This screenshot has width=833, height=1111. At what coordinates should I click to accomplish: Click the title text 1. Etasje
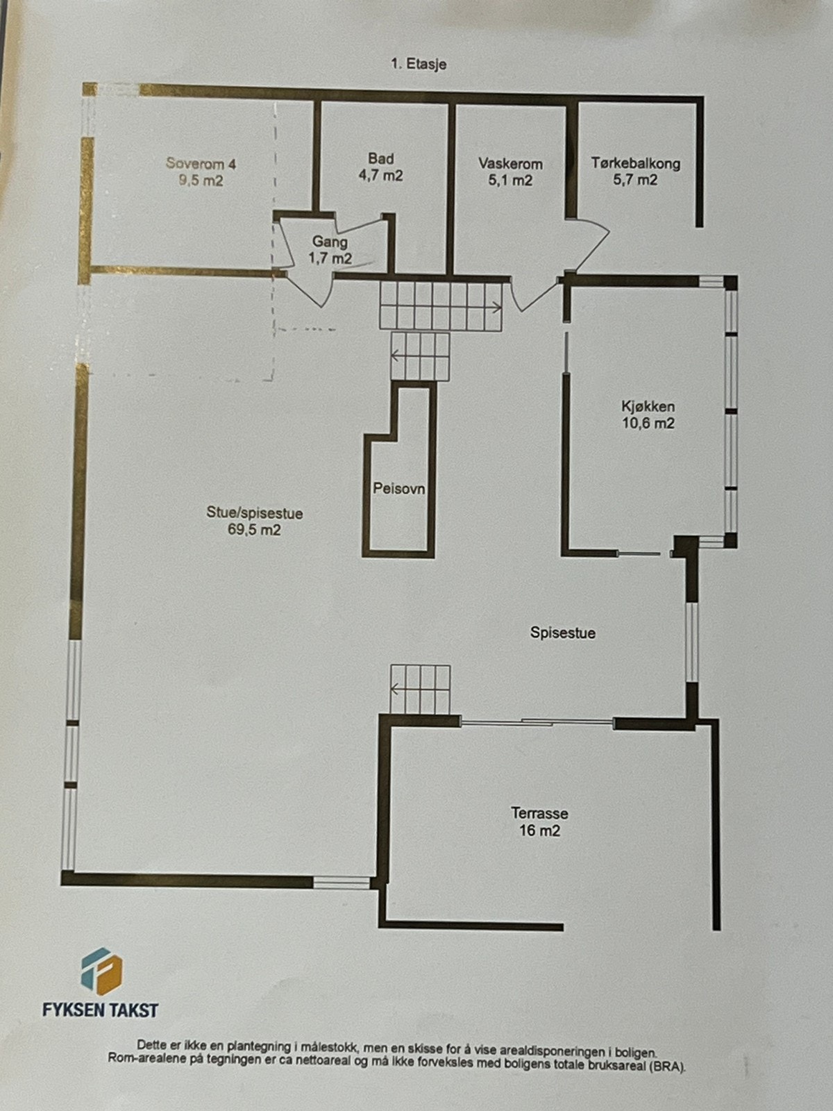tap(418, 65)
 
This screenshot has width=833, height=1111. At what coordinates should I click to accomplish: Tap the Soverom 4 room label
tap(201, 164)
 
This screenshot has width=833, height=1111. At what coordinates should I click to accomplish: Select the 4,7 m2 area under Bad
tap(380, 176)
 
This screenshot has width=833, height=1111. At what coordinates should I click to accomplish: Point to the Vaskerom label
tap(510, 164)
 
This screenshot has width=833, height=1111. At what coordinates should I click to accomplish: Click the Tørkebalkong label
tap(635, 164)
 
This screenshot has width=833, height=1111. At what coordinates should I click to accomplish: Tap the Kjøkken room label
tap(648, 407)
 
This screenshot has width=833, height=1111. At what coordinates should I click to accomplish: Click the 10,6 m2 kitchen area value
tap(648, 424)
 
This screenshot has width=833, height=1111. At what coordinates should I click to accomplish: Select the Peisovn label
tap(398, 489)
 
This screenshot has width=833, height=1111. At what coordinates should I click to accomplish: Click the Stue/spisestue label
tap(254, 514)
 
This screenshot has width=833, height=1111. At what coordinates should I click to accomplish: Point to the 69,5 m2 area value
tap(254, 531)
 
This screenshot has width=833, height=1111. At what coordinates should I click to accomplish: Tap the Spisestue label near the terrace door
tap(562, 633)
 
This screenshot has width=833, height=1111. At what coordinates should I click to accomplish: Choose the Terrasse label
tap(539, 813)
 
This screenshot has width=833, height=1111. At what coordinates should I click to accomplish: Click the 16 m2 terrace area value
tap(539, 830)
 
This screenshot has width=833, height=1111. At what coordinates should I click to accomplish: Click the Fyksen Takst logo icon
tap(101, 971)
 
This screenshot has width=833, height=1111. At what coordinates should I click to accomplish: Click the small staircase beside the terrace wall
tap(420, 689)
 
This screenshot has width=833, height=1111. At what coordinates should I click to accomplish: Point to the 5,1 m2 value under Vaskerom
tap(510, 181)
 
